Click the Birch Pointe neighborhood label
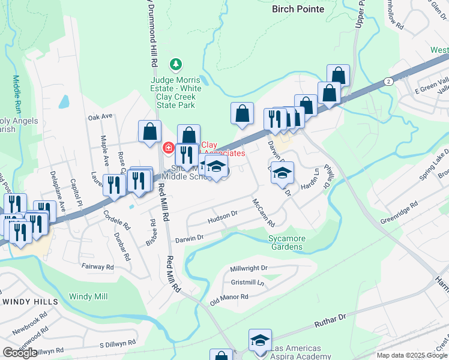click(x=298, y=9)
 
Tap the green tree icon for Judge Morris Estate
click(x=175, y=63)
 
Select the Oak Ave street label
click(x=100, y=116)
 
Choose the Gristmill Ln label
click(x=247, y=282)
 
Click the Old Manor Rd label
click(x=229, y=297)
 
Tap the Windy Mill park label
click(x=88, y=296)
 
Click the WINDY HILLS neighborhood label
click(x=30, y=301)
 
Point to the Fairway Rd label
click(x=97, y=266)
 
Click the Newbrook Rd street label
click(x=29, y=322)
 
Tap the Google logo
click(x=20, y=353)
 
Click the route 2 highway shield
click(x=389, y=81)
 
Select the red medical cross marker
click(x=169, y=148)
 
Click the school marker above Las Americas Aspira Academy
click(x=260, y=340)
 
